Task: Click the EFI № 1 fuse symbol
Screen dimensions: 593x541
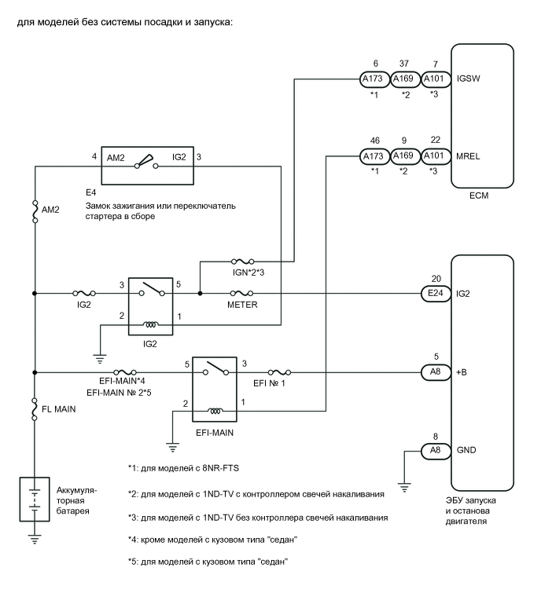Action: click(x=280, y=372)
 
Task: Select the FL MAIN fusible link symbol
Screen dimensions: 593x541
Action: click(x=35, y=408)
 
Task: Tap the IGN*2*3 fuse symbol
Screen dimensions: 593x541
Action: click(x=241, y=261)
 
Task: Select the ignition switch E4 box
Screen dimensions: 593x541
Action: click(x=150, y=167)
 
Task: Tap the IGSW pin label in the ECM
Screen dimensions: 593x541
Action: click(x=466, y=79)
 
